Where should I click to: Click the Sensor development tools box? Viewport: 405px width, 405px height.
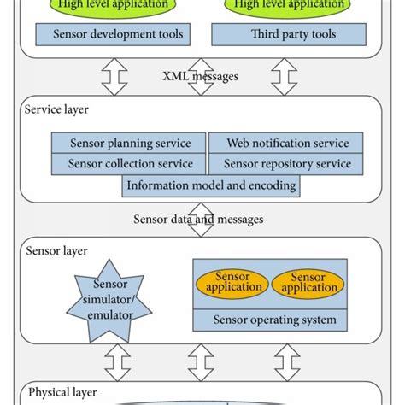point(111,35)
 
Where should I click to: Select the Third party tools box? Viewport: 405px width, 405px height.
point(281,35)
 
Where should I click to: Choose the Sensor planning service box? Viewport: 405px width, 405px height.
point(128,143)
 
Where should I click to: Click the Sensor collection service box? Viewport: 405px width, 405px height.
point(128,164)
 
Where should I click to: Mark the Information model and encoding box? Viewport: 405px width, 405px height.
point(211,185)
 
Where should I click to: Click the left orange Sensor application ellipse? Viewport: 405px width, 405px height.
point(232,283)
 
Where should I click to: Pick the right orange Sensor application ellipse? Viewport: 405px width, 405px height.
point(308,283)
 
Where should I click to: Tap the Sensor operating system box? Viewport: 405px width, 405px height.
point(270,320)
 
